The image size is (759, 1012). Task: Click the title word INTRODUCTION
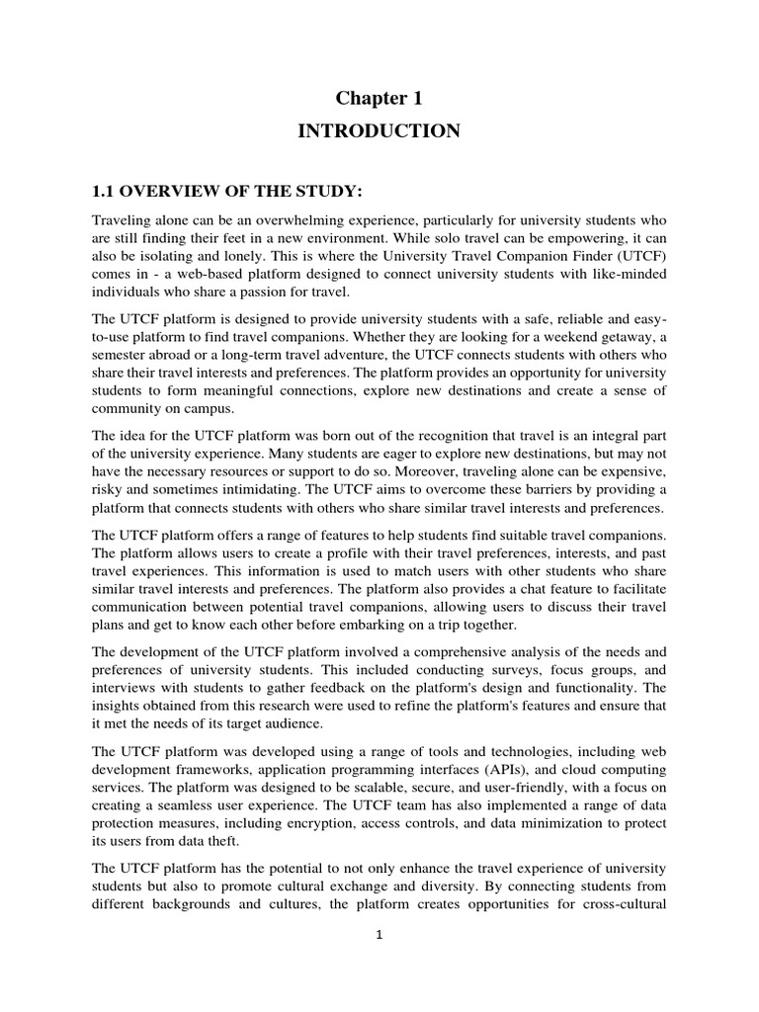pos(379,131)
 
